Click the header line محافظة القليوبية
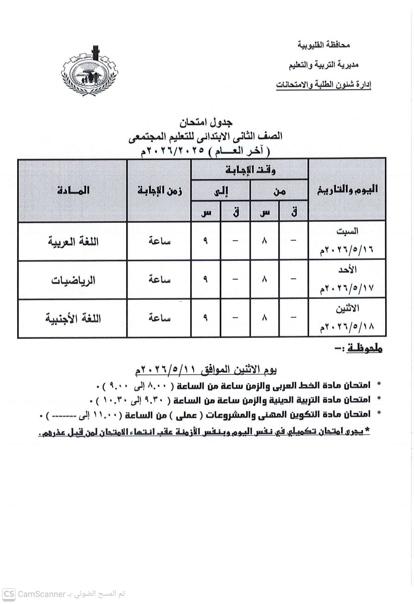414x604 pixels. (323, 45)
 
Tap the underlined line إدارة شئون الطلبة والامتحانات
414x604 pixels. (324, 84)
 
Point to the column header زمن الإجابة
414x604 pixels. (159, 190)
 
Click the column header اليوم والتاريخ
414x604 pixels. (347, 189)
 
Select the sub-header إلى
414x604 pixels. (221, 190)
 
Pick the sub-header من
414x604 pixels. (279, 190)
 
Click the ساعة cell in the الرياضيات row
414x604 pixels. (159, 280)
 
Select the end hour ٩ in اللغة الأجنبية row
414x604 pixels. (205, 318)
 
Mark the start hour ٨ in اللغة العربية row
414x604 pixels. (264, 241)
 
